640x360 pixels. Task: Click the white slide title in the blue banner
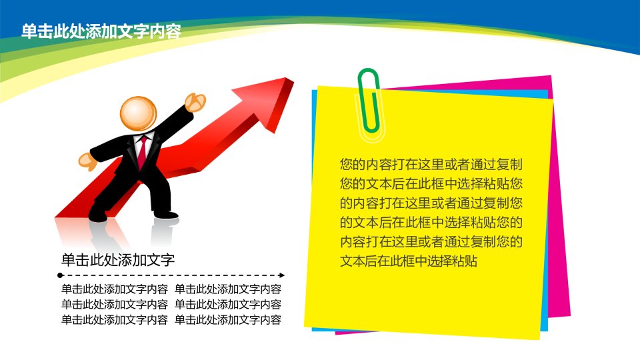(x=101, y=31)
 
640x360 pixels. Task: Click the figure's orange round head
(x=138, y=113)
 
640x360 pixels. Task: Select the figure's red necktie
(x=142, y=152)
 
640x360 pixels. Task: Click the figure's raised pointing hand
(x=195, y=101)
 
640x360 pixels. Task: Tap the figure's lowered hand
(x=87, y=161)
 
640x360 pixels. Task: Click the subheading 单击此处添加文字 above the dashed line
(x=118, y=259)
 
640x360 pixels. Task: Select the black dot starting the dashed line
(x=60, y=275)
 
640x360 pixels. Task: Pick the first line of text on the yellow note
(x=431, y=164)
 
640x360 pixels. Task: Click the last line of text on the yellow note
(x=409, y=261)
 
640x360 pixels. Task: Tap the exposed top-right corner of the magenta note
(x=551, y=76)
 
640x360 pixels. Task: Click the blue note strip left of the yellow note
(x=314, y=163)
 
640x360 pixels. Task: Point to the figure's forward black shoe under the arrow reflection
(x=165, y=215)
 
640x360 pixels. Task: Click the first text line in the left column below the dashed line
(x=115, y=289)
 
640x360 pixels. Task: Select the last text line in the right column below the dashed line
(x=228, y=319)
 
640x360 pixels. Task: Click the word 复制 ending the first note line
(x=509, y=164)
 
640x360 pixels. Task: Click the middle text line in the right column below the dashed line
(x=228, y=305)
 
